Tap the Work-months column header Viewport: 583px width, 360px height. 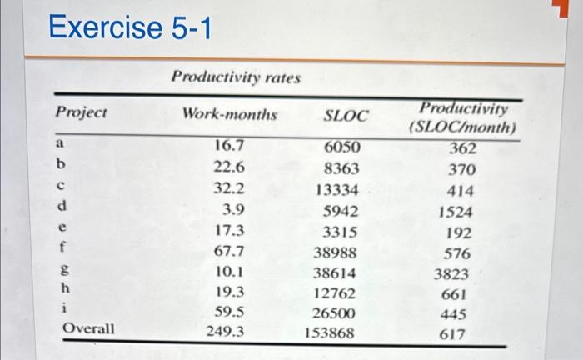(x=229, y=112)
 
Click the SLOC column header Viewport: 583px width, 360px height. (x=345, y=115)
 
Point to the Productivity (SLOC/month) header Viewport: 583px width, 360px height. (x=463, y=119)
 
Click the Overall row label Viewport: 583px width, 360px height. (x=89, y=329)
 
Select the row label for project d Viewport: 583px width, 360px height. (x=61, y=205)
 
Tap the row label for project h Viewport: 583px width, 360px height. (x=61, y=287)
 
